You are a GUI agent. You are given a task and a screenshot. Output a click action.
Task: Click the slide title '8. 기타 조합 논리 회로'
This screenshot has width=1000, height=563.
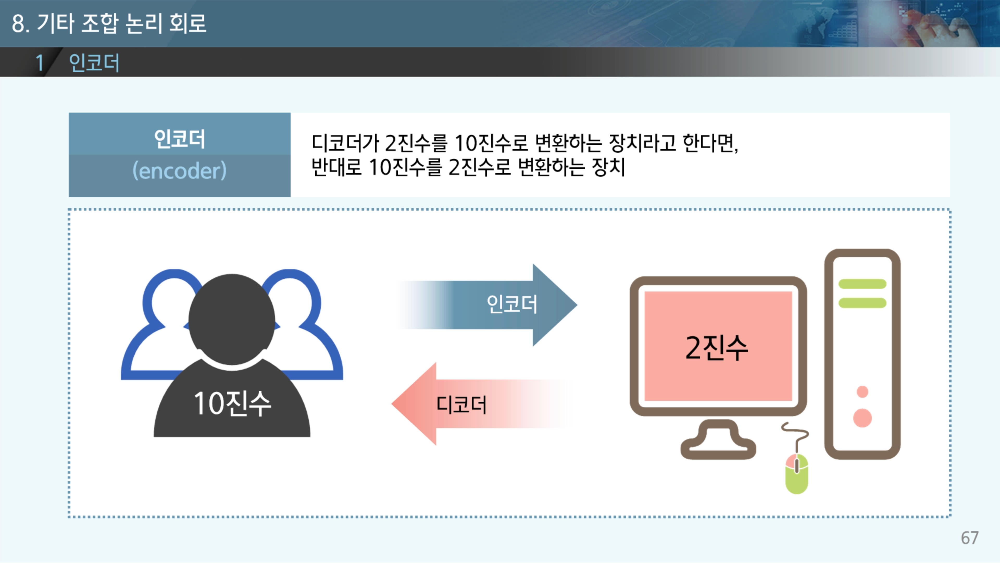point(109,23)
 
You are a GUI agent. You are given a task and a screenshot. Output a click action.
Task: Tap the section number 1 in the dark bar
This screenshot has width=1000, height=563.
point(39,63)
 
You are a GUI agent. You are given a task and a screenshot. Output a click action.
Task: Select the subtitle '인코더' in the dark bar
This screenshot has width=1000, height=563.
point(94,63)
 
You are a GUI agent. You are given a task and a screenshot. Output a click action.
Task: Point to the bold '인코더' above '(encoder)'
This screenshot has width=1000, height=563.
point(179,139)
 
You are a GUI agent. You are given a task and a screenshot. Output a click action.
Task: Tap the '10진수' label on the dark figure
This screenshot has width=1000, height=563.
point(232,404)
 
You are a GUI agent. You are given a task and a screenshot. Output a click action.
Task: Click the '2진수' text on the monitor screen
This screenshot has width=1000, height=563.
point(717,348)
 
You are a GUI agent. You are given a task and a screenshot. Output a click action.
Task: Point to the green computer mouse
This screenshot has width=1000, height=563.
point(797,474)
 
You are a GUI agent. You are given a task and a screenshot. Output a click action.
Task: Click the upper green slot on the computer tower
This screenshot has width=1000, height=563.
point(862,284)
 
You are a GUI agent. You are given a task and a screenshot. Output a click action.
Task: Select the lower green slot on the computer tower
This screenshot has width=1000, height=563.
point(862,303)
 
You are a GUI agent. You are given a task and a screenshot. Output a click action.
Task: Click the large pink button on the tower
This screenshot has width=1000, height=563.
point(862,418)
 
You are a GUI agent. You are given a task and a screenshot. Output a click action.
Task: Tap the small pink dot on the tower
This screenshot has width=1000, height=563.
point(862,392)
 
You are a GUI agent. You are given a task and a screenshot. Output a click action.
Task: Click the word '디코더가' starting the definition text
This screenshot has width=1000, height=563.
point(345,143)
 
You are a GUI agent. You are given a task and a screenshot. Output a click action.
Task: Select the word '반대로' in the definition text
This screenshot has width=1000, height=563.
point(336,167)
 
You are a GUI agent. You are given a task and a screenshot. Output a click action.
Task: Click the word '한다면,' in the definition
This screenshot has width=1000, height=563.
point(710,143)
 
